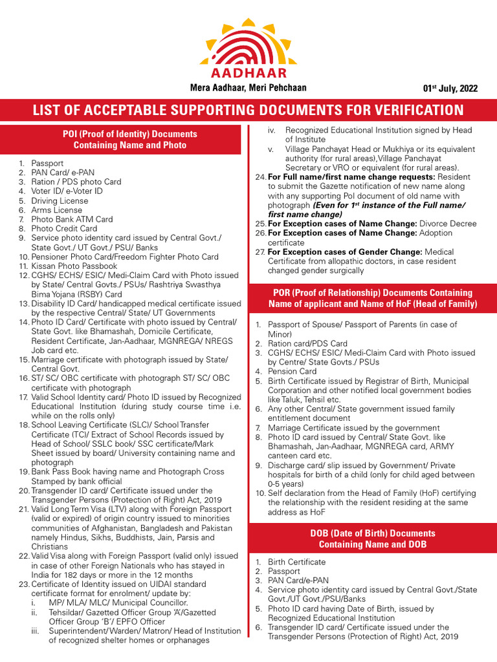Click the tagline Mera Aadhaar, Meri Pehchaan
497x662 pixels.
[248, 88]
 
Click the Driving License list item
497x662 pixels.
[60, 200]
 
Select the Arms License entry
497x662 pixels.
[57, 210]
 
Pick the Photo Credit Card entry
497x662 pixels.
[64, 228]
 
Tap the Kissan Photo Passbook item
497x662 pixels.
[74, 266]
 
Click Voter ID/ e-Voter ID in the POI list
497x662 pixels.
[67, 191]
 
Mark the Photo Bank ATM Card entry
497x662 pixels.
[72, 219]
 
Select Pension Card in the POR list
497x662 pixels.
[293, 371]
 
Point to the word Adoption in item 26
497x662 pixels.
[436, 233]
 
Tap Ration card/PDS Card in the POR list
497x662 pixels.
[307, 343]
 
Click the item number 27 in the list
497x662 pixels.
[260, 251]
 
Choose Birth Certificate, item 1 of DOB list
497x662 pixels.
[297, 562]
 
